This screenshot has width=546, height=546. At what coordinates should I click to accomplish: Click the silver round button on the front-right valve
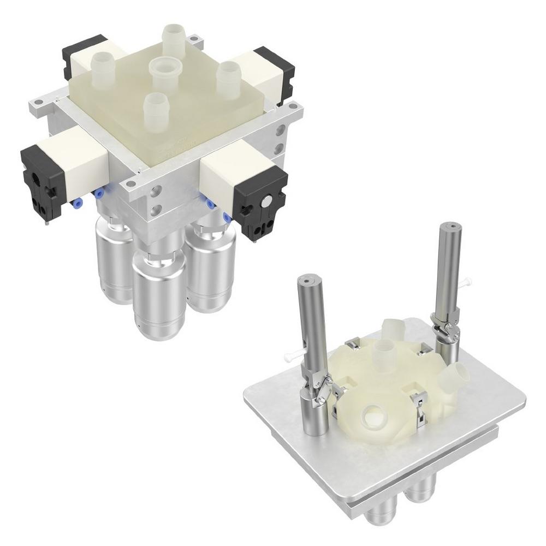point(265,202)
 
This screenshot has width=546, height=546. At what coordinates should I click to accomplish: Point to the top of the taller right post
point(451,225)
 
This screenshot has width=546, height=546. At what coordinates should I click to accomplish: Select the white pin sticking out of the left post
point(292,357)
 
